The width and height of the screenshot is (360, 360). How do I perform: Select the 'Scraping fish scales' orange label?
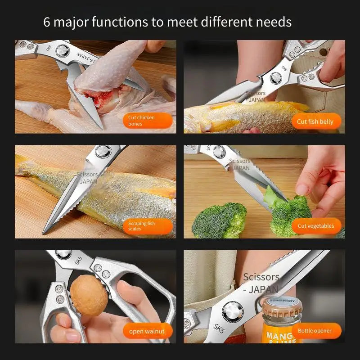pyautogui.click(x=147, y=226)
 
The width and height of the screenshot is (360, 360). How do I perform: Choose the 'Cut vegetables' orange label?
pyautogui.click(x=315, y=226)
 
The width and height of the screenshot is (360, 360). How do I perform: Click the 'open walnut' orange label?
pyautogui.click(x=147, y=332)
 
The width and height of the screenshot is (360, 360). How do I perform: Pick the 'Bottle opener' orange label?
pyautogui.click(x=315, y=331)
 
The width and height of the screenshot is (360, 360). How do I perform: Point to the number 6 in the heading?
pyautogui.click(x=47, y=22)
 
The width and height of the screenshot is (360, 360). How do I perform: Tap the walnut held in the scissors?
pyautogui.click(x=89, y=295)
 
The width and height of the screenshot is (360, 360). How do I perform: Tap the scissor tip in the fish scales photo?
pyautogui.click(x=45, y=231)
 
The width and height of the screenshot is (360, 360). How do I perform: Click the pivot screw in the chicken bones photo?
pyautogui.click(x=63, y=51)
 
